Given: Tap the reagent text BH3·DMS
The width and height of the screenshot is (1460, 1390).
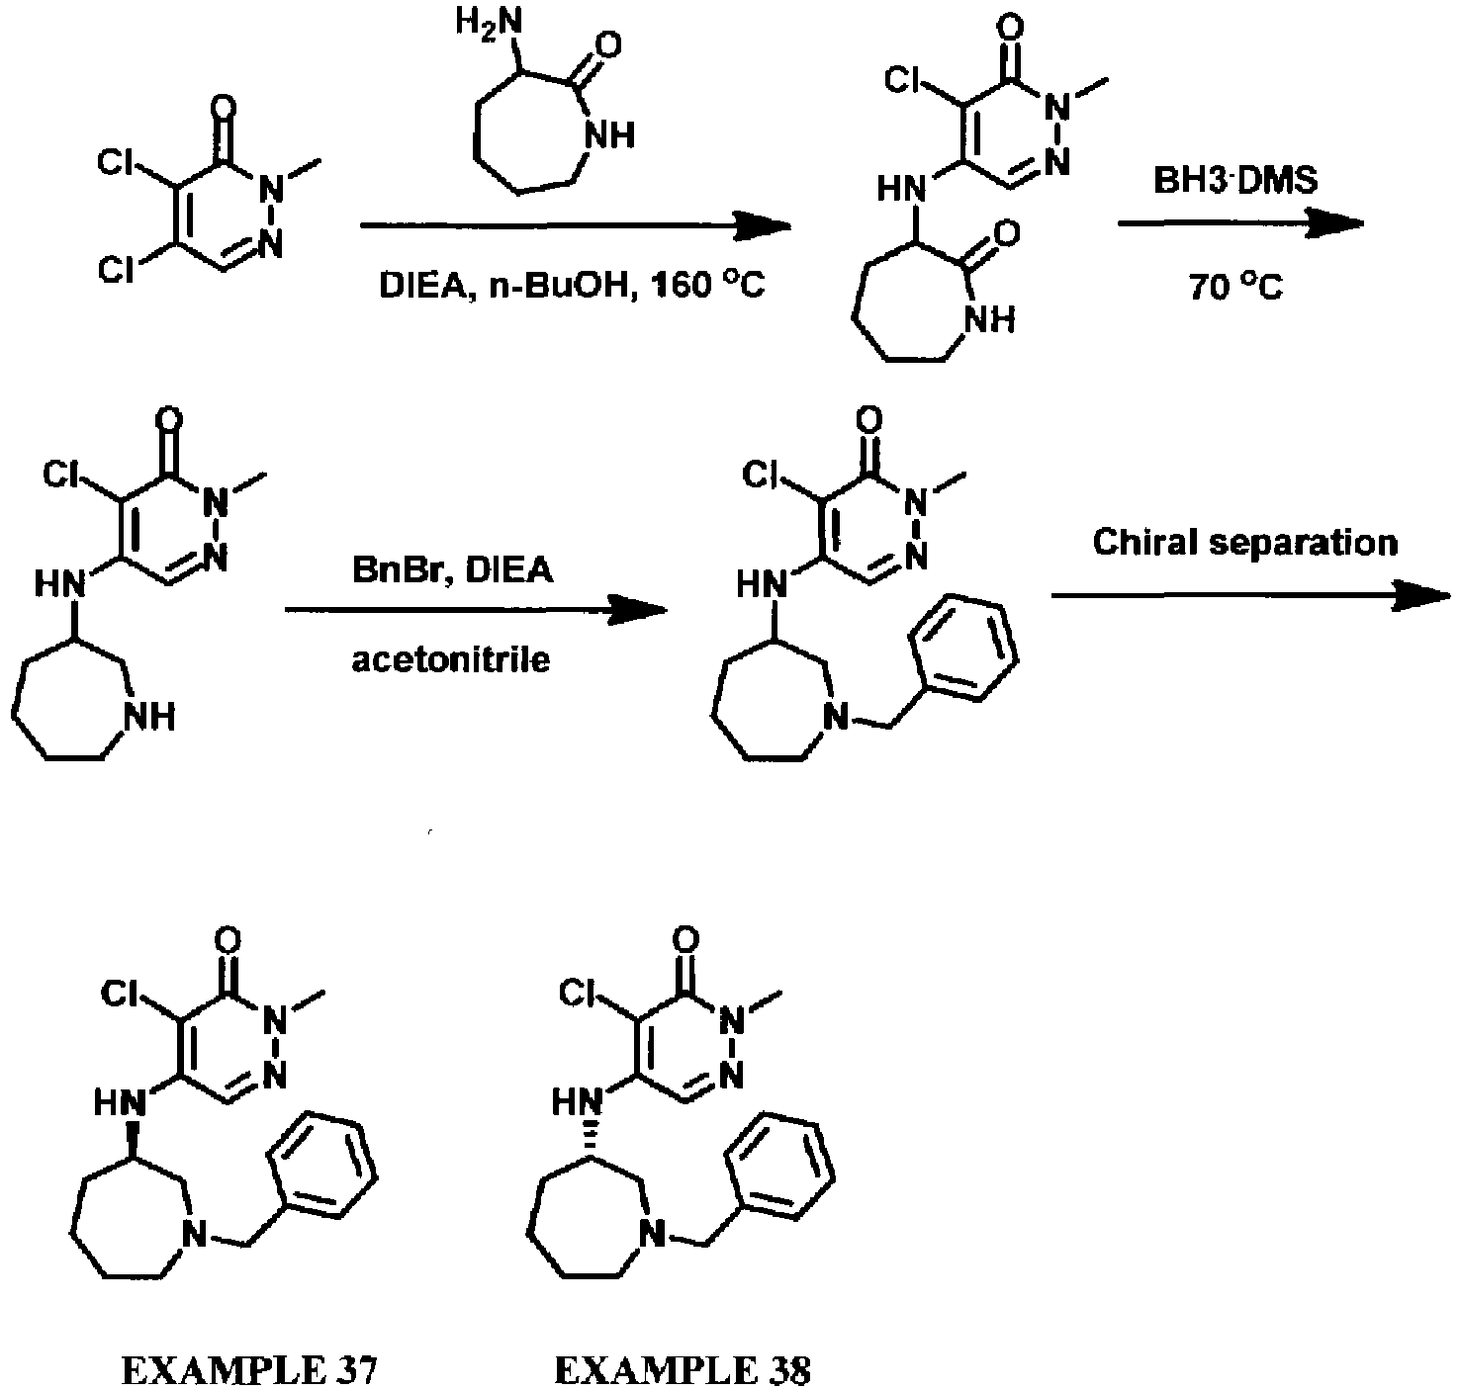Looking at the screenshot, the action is tap(1235, 181).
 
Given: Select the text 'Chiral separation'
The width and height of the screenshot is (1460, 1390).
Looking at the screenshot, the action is tap(1245, 542).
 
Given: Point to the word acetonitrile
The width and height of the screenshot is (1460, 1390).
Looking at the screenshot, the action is tap(451, 659).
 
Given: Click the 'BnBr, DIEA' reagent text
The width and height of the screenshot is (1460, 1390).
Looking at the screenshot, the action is tap(452, 570).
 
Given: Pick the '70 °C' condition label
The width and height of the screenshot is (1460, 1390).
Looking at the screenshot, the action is tap(1235, 287).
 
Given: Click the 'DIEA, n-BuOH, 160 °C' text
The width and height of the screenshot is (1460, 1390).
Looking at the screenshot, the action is tap(572, 285).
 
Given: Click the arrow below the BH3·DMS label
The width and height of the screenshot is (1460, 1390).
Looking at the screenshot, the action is tap(1241, 223).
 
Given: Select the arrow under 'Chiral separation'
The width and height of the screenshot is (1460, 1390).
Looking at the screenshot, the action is tap(1250, 595).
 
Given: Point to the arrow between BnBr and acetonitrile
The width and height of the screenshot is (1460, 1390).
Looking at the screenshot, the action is tap(476, 610).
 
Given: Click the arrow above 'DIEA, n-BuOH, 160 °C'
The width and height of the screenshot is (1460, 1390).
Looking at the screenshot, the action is tap(576, 225).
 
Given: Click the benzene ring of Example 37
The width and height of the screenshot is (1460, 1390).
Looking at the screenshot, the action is tap(322, 1165).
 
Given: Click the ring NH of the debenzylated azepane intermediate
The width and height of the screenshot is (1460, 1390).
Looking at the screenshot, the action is tap(150, 717).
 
